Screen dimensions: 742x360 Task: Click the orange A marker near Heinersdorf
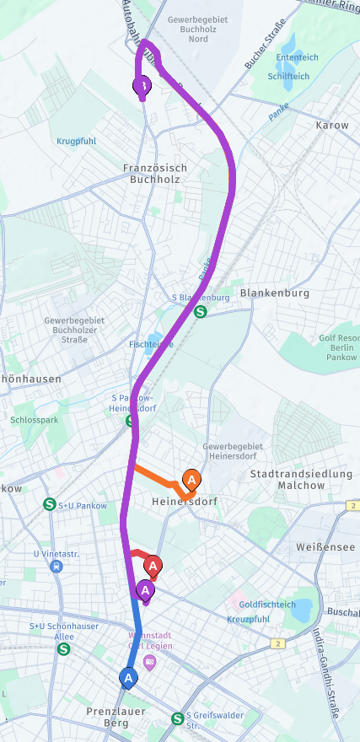click(191, 481)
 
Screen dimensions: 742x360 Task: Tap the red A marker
click(153, 565)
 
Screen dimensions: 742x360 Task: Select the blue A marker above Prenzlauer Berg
click(128, 677)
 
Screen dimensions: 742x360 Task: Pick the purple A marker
click(146, 589)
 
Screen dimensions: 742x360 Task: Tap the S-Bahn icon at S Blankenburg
click(201, 310)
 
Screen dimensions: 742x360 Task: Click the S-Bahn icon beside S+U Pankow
click(50, 504)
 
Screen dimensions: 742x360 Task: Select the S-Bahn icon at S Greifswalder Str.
click(177, 718)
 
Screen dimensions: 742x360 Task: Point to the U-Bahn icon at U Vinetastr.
click(56, 566)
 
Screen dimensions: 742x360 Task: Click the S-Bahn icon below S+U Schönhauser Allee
click(64, 649)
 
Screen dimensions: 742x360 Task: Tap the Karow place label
click(331, 126)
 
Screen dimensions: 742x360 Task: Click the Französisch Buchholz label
click(154, 174)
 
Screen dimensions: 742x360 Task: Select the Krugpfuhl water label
click(79, 141)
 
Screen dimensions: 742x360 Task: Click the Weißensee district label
click(318, 548)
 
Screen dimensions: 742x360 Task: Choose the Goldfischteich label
click(267, 605)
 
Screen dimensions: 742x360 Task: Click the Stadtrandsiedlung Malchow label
click(301, 480)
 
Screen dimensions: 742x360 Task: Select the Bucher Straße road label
click(260, 51)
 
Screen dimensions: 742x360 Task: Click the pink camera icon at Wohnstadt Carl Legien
click(149, 661)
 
